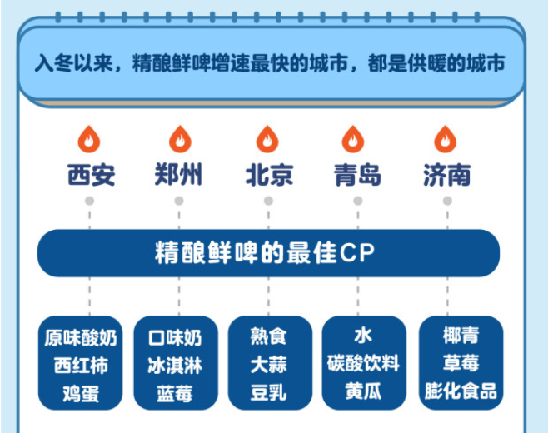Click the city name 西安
(92, 175)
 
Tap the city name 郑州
(179, 175)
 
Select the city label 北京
(268, 175)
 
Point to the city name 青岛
(357, 175)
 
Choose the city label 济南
(446, 175)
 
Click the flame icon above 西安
(89, 138)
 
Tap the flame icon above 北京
(267, 138)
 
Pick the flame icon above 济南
(446, 138)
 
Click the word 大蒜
(268, 365)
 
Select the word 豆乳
(268, 392)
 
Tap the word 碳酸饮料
(363, 365)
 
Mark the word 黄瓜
(363, 392)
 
